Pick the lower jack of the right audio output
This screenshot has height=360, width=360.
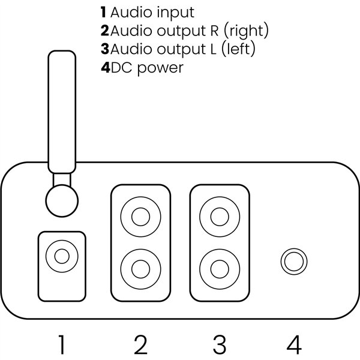141,265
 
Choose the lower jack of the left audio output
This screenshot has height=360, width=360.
220,265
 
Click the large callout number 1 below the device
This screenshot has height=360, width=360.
62,345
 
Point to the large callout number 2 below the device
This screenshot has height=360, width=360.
140,345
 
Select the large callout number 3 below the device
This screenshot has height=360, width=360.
220,345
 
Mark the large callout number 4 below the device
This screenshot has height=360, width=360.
293,345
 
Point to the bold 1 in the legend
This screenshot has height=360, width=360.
103,12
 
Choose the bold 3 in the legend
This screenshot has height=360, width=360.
105,49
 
